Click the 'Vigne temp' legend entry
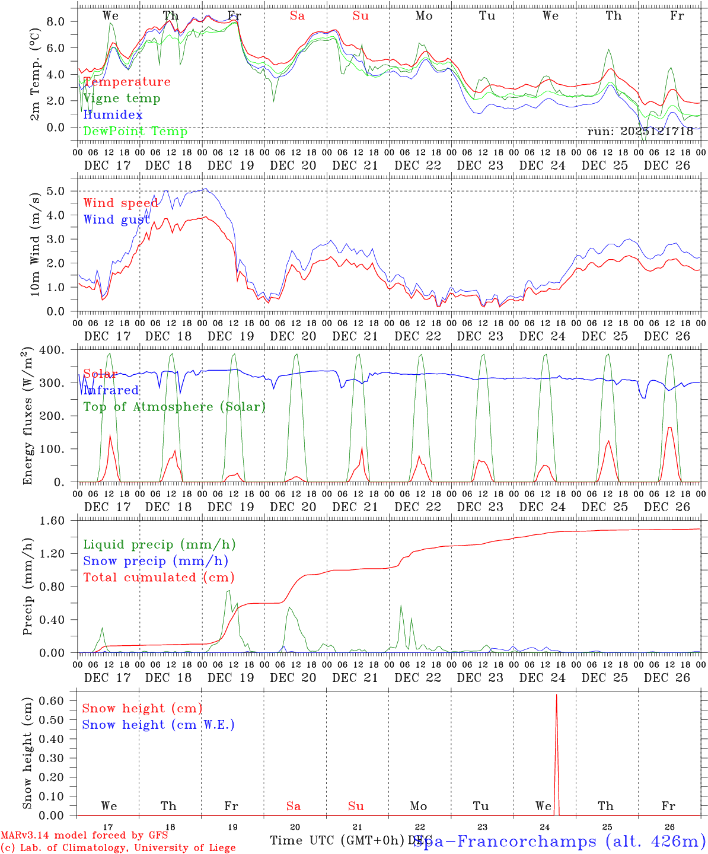122,98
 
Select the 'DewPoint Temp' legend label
135,131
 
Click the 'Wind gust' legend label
116,219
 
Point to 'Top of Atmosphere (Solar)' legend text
174,407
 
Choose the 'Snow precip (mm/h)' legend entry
155,561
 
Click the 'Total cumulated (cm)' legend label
159,577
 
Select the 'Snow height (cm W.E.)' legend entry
158,725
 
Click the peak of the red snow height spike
556,695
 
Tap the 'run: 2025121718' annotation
640,131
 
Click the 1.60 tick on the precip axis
58,521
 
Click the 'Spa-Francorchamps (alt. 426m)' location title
559,841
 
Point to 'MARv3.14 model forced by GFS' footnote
84,836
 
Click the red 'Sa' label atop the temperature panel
297,15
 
